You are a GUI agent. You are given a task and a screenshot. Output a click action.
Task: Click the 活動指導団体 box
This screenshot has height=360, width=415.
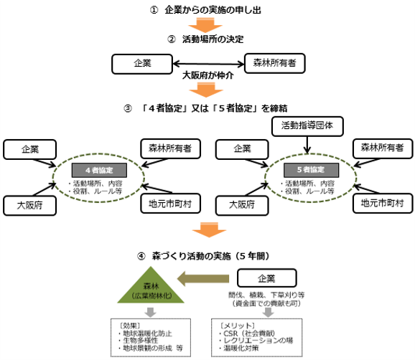[x=307, y=126]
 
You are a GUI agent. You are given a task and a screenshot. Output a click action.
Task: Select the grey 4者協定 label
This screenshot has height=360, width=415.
[x=99, y=170]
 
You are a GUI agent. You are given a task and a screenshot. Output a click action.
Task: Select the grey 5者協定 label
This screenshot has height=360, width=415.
[x=311, y=170]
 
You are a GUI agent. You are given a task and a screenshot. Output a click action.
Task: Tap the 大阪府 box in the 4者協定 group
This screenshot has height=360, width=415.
[x=29, y=206]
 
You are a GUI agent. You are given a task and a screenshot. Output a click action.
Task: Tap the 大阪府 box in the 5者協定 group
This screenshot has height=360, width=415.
[x=242, y=205]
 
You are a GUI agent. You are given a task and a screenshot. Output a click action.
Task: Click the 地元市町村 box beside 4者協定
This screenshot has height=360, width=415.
[x=170, y=204]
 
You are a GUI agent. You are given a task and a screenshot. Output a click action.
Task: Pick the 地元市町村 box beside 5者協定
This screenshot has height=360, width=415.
[x=383, y=203]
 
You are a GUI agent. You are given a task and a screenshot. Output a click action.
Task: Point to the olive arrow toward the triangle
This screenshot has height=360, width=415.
[x=203, y=278]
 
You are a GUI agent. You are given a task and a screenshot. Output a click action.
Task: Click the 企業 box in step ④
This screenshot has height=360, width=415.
[x=267, y=278]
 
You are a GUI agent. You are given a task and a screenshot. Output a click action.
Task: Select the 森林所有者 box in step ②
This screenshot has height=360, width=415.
[x=275, y=63]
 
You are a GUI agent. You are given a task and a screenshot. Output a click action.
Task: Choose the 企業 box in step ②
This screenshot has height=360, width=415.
[x=142, y=64]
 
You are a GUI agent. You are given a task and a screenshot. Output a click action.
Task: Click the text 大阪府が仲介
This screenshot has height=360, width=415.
[x=208, y=75]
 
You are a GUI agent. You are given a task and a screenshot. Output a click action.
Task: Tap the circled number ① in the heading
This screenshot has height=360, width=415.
[x=154, y=10]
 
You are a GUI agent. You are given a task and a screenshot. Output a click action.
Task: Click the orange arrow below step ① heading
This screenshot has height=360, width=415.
[x=205, y=25]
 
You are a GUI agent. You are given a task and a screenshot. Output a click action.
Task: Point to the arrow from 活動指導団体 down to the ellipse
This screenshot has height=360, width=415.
[x=307, y=145]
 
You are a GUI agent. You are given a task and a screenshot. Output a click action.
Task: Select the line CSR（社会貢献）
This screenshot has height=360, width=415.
[x=249, y=333]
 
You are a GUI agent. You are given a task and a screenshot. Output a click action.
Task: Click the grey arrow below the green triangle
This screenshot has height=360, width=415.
[x=150, y=312]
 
